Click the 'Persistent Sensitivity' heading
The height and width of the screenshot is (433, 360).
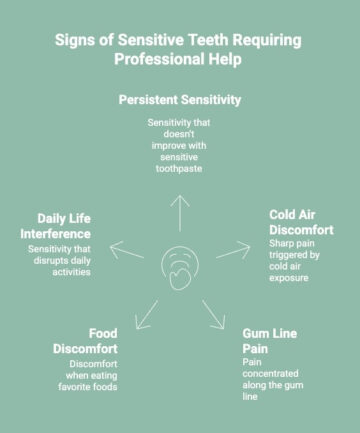pos(180,100)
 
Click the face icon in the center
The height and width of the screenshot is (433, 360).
pos(180,268)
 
